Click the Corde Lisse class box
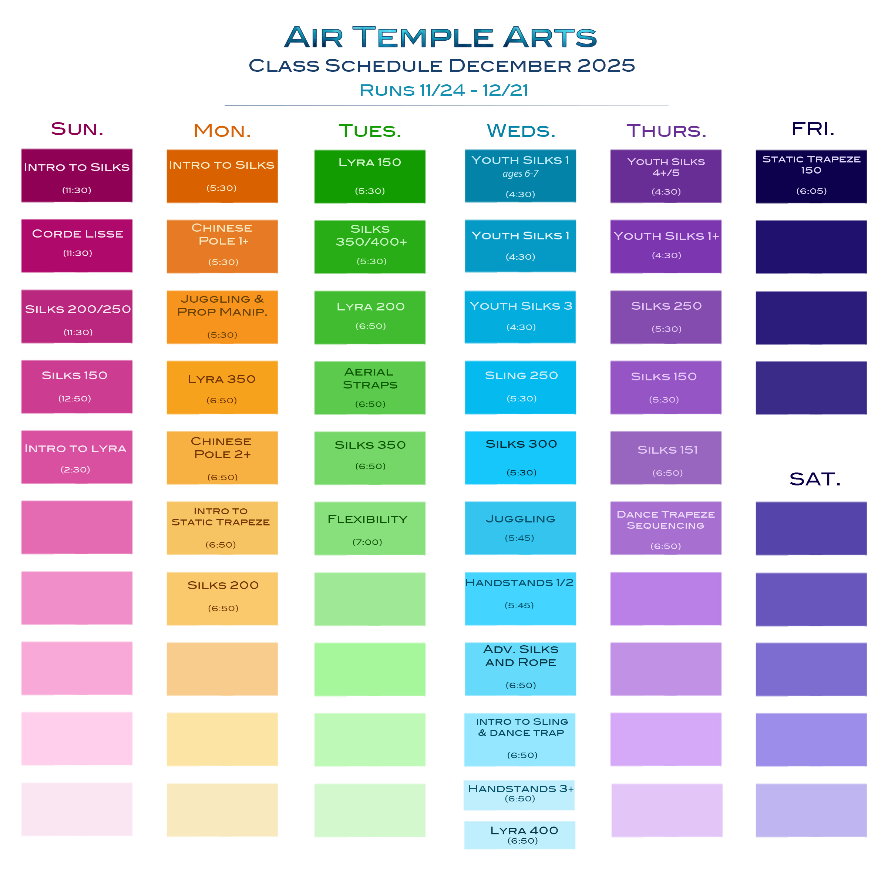pos(77,246)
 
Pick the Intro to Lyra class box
pos(77,457)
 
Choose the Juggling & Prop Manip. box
pos(222,317)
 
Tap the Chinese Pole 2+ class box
pos(222,458)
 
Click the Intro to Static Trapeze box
pos(222,528)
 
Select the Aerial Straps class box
pos(370,388)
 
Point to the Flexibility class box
pos(370,529)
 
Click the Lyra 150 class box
pos(370,176)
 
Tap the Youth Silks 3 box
pos(520,317)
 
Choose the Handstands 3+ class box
pos(519,795)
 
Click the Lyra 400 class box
pos(519,835)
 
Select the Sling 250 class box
pos(520,387)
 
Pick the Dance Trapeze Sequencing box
pos(666,528)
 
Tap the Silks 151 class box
pos(666,458)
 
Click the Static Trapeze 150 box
pos(811,176)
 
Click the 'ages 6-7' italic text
pos(520,174)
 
